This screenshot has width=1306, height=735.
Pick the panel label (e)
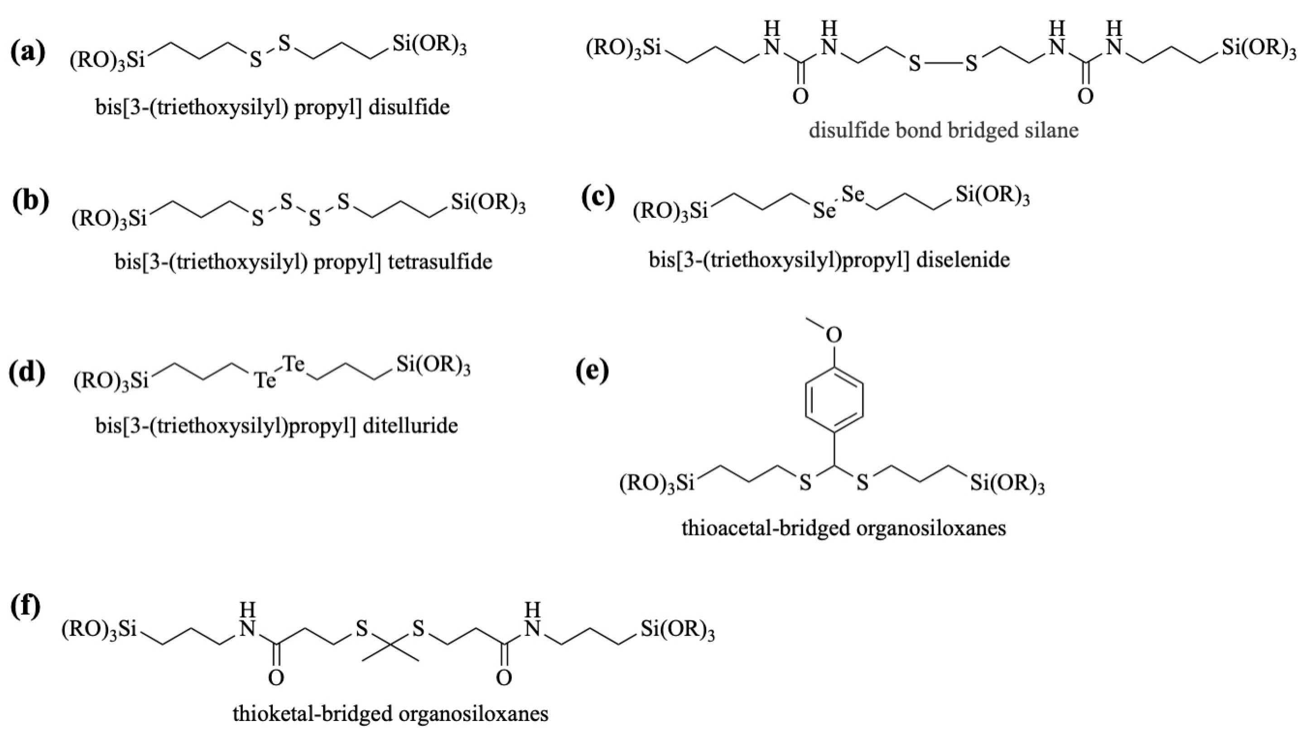click(x=592, y=371)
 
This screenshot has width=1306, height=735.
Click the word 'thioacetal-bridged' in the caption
click(x=765, y=528)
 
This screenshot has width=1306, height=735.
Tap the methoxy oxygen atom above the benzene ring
click(x=834, y=334)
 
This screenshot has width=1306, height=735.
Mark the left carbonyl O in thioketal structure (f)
click(x=276, y=678)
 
